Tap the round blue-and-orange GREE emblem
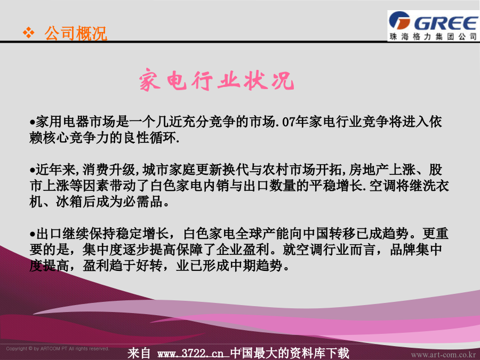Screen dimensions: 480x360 399,20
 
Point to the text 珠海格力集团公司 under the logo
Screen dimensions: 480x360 433,37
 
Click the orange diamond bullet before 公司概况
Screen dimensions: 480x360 29,33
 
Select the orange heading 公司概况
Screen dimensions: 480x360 76,33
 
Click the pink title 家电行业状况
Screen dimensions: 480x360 216,80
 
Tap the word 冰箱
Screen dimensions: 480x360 69,202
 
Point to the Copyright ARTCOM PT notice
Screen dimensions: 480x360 58,349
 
